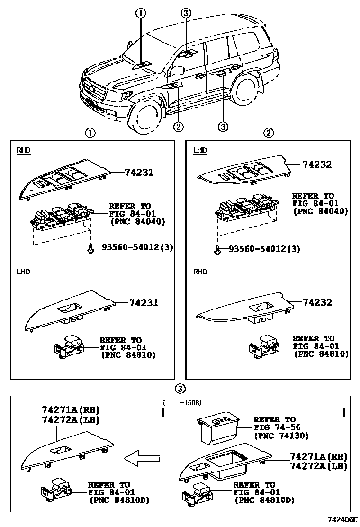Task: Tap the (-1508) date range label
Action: [182, 402]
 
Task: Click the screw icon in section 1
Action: [90, 248]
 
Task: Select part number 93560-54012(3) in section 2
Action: [264, 249]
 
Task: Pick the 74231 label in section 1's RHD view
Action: [139, 173]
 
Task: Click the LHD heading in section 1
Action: [23, 272]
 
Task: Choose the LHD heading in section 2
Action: [200, 150]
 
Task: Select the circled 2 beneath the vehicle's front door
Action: [178, 127]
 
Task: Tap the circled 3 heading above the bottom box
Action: [180, 389]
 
